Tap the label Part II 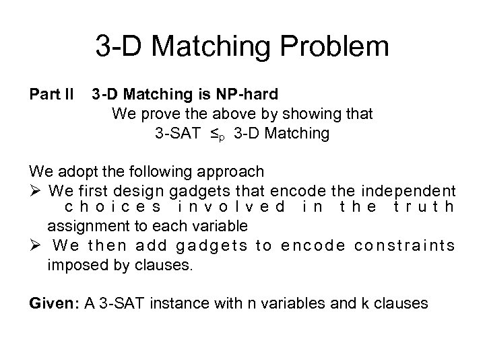point(51,94)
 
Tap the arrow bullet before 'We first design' point(35,190)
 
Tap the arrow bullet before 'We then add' point(35,246)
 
